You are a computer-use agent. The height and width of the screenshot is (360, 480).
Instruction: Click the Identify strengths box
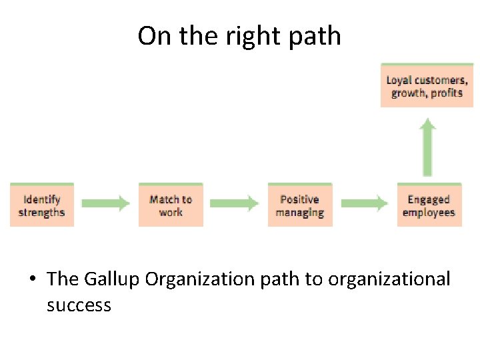pos(41,205)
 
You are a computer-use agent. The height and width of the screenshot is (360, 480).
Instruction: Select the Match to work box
pos(171,205)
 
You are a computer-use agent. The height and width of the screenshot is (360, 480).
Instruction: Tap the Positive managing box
pos(300,205)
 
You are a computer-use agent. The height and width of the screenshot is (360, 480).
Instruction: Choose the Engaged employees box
pos(429,205)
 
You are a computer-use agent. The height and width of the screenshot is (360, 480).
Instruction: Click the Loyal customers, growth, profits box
pos(427,86)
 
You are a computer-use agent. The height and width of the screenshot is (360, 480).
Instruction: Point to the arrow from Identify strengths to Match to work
pos(106,203)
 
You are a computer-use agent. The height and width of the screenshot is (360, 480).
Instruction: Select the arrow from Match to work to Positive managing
pos(235,203)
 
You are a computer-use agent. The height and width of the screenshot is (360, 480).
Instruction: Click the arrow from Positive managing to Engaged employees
pos(364,203)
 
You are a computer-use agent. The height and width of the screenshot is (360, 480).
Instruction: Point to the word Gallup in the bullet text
pos(111,279)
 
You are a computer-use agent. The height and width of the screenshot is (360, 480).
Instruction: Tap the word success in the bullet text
pos(79,305)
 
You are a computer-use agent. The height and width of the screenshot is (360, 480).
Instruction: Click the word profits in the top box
pos(446,93)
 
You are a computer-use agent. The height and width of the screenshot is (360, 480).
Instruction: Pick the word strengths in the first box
pos(41,213)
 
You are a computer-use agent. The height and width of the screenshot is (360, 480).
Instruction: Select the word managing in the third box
pos(300,213)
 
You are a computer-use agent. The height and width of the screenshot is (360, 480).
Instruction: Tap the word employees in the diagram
pos(429,213)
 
